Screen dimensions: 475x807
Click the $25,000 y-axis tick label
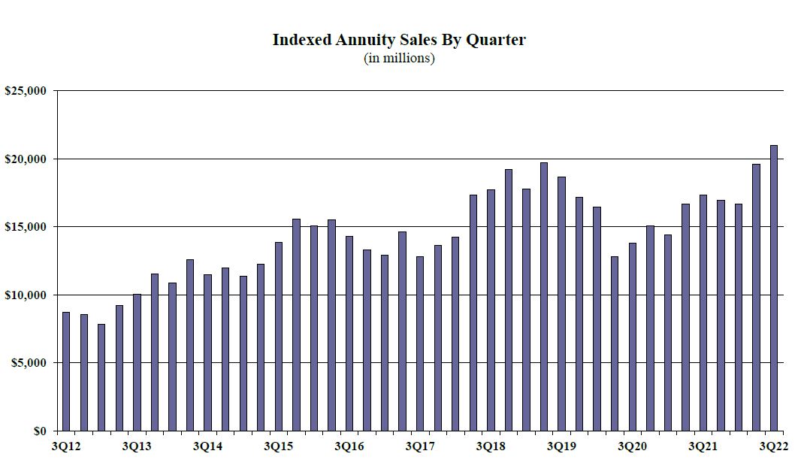point(26,91)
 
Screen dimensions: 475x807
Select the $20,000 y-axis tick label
point(26,159)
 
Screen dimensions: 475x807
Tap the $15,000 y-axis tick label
point(26,227)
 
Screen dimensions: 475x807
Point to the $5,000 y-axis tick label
point(29,363)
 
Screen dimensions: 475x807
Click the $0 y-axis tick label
point(37,431)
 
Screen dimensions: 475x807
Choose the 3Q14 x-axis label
point(207,447)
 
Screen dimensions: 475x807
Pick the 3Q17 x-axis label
point(420,447)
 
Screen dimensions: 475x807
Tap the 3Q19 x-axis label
point(561,447)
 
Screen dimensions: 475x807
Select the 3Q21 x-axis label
point(703,447)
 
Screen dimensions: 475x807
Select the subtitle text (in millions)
point(399,58)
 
